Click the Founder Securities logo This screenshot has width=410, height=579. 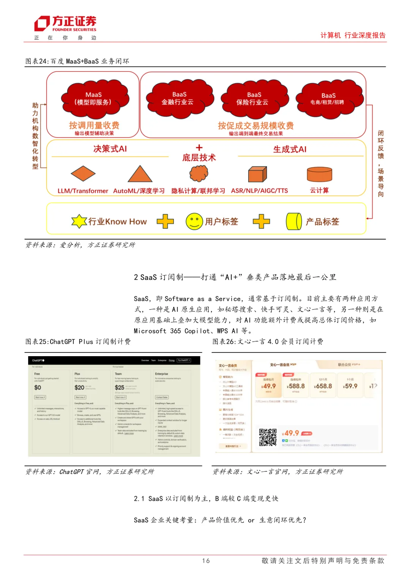(x=65, y=24)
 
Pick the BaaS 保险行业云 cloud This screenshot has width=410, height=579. (x=253, y=98)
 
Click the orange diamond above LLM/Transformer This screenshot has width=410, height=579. (x=83, y=174)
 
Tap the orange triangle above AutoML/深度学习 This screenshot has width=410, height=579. (x=140, y=174)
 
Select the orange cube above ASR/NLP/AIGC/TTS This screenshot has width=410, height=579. (x=257, y=174)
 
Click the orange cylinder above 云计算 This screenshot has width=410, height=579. (x=319, y=174)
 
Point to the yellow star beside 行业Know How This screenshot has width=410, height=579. (x=79, y=221)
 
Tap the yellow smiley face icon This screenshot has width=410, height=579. (x=194, y=221)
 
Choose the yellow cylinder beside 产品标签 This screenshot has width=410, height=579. (x=293, y=221)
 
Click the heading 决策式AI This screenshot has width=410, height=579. (x=110, y=149)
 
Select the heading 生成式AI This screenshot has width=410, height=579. (x=290, y=149)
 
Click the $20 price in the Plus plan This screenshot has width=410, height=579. (x=79, y=387)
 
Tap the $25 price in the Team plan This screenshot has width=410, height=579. (x=120, y=387)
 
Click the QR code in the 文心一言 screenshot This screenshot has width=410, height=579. (x=268, y=437)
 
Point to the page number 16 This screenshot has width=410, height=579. (x=206, y=560)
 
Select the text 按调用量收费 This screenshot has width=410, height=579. (x=94, y=125)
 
